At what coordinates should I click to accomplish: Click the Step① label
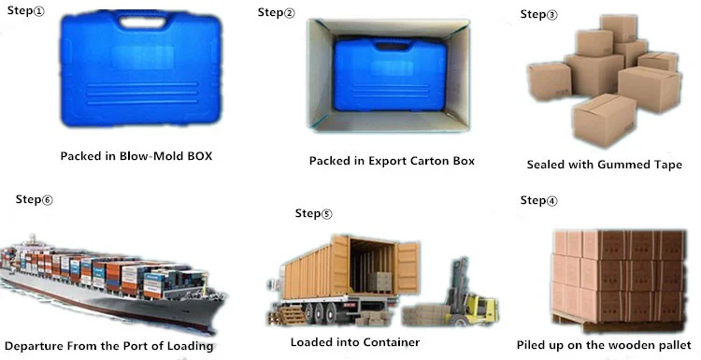[x=24, y=12]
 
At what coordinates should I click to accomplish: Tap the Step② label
[x=276, y=12]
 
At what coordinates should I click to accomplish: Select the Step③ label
[x=538, y=14]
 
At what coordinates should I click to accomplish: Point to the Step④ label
[x=538, y=200]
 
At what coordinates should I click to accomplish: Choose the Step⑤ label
[x=313, y=213]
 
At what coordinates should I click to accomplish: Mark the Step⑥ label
[x=35, y=199]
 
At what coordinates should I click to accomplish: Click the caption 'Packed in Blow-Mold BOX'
[x=136, y=155]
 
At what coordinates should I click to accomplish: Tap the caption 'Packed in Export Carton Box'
[x=392, y=161]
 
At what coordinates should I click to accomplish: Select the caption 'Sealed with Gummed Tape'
[x=599, y=165]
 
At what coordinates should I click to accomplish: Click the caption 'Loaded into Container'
[x=354, y=342]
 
